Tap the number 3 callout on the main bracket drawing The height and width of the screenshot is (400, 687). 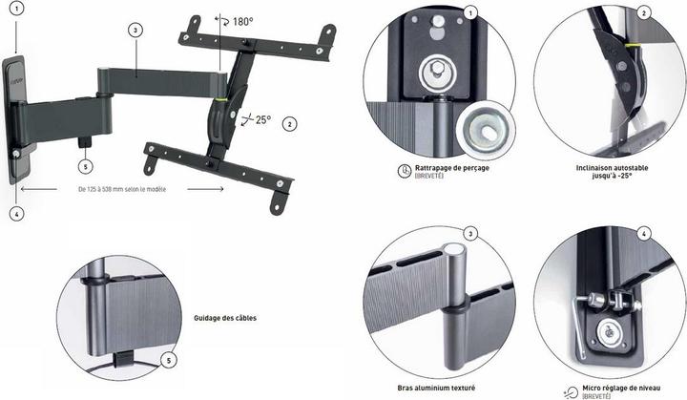click(x=136, y=30)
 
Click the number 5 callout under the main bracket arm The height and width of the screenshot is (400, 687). click(x=86, y=164)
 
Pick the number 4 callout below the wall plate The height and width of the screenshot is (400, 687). click(x=17, y=214)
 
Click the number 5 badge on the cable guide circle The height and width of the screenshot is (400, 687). click(x=168, y=359)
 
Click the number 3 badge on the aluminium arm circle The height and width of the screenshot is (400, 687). click(x=470, y=234)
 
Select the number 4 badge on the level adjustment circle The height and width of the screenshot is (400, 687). click(x=645, y=234)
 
